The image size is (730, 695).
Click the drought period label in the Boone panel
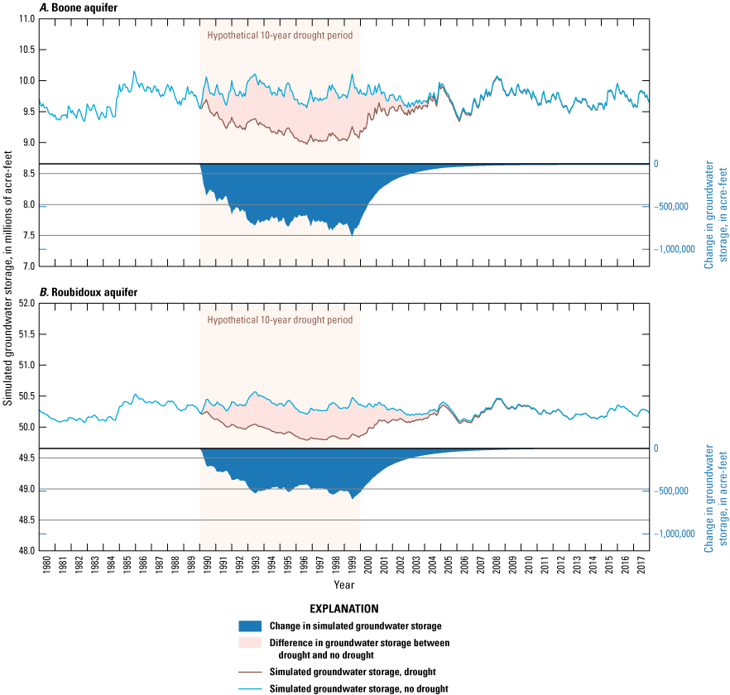[280, 36]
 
